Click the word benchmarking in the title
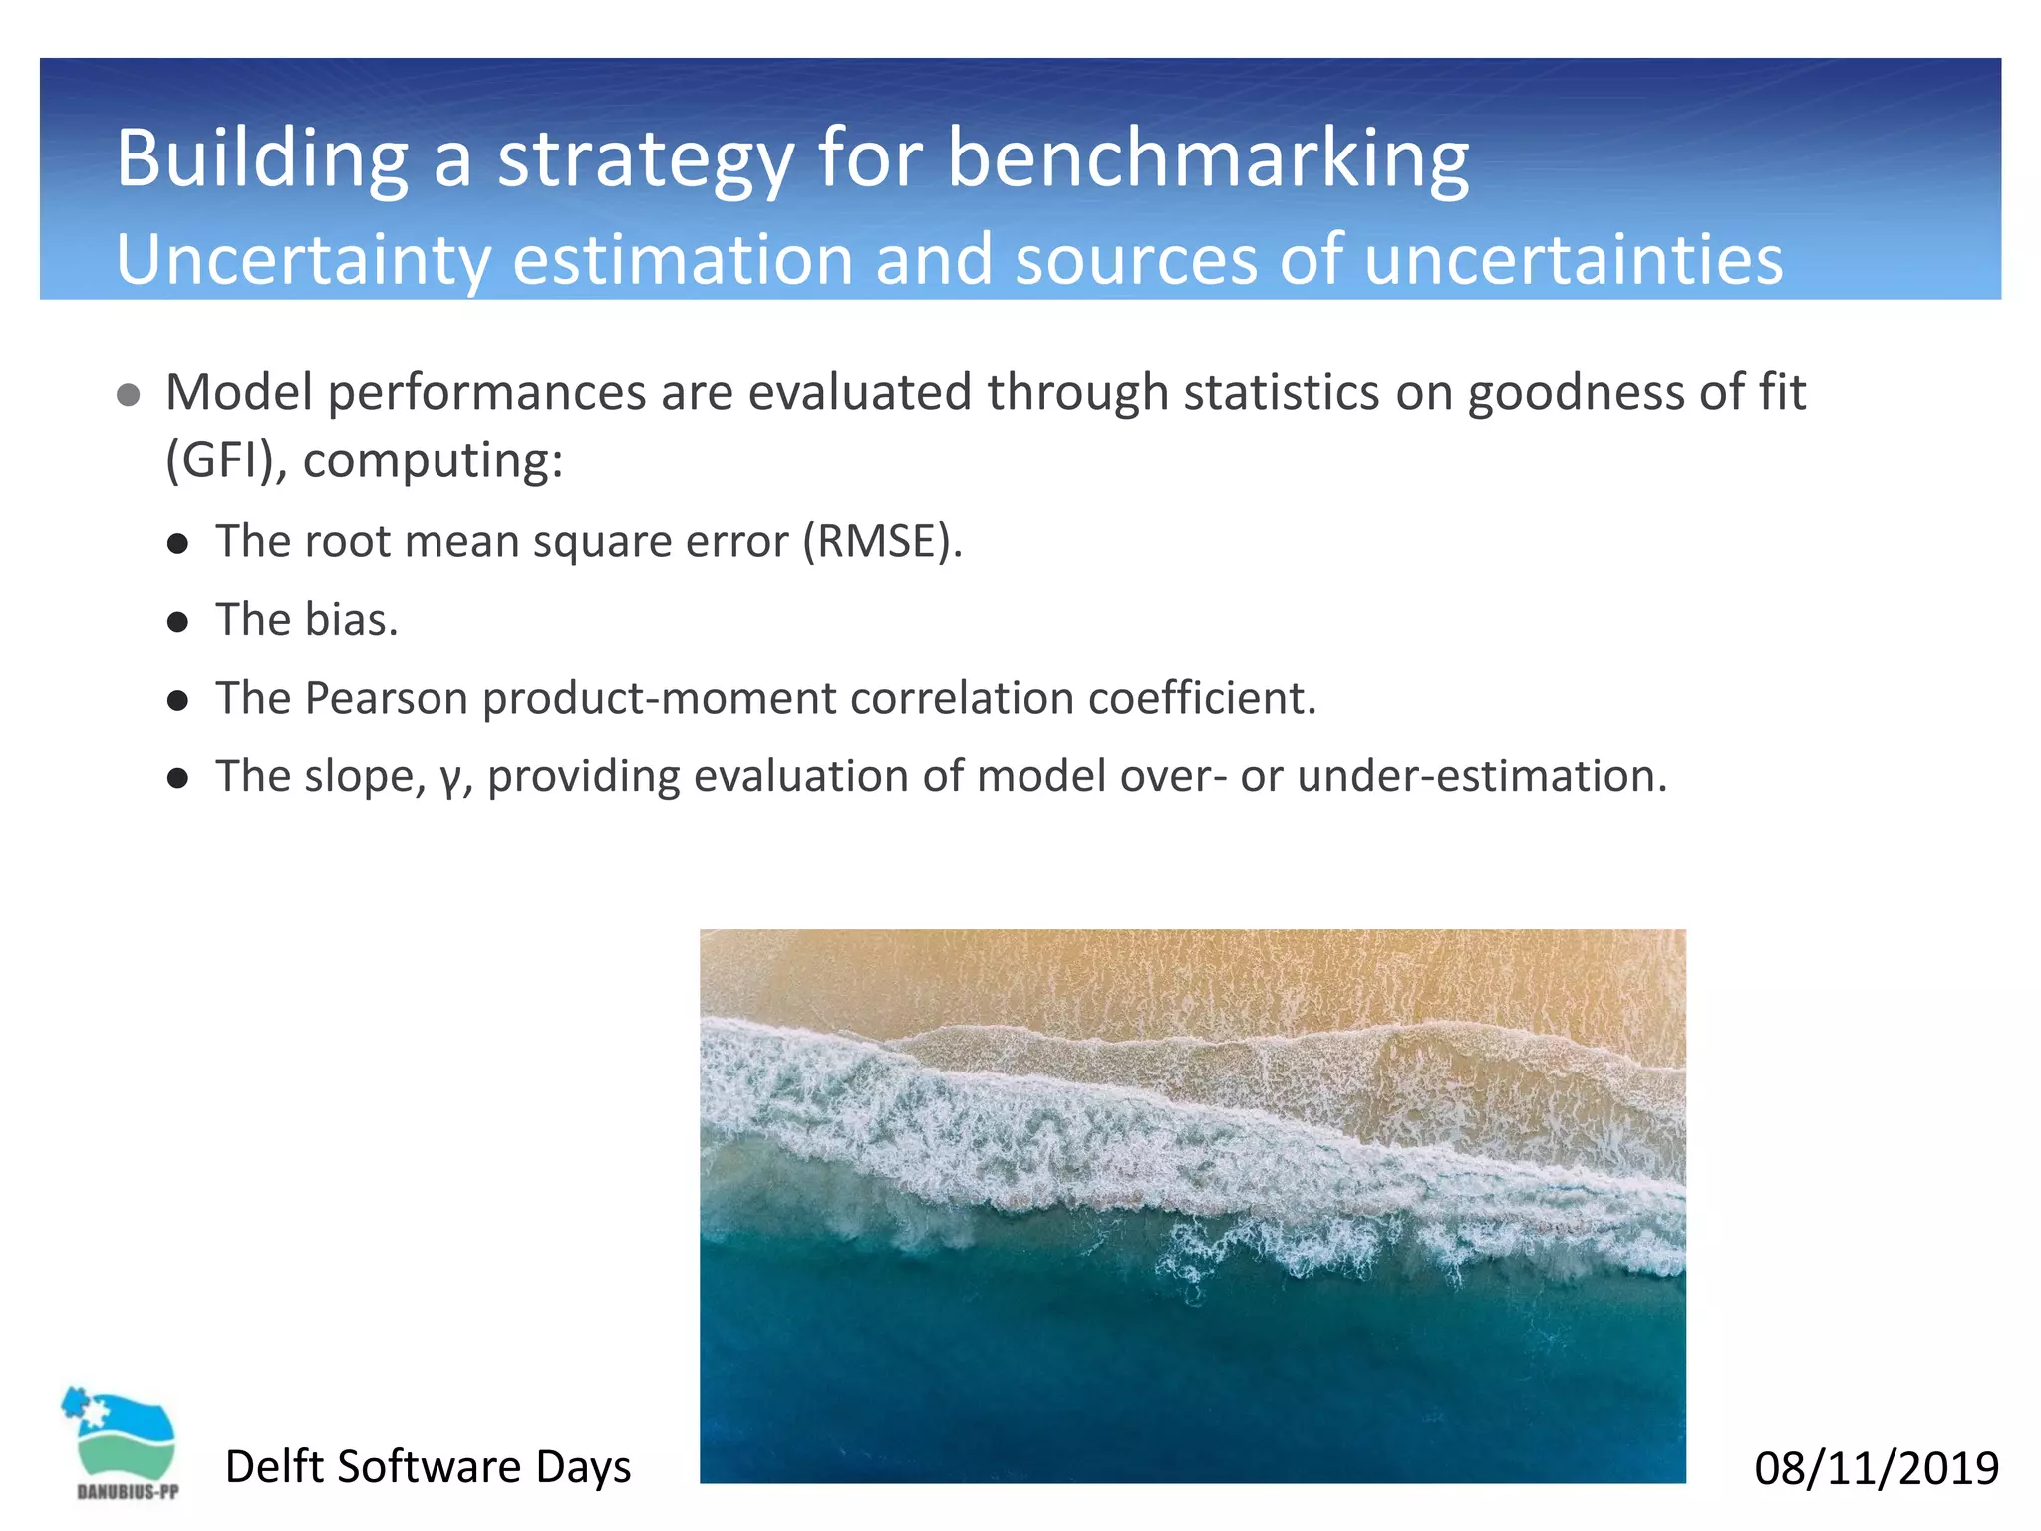pyautogui.click(x=1207, y=158)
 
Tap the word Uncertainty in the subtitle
pyautogui.click(x=303, y=259)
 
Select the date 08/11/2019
pyautogui.click(x=1876, y=1468)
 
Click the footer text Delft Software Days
pyautogui.click(x=428, y=1466)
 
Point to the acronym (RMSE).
pyautogui.click(x=883, y=541)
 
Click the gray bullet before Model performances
pyautogui.click(x=128, y=395)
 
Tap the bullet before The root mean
pyautogui.click(x=178, y=544)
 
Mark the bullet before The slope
pyautogui.click(x=178, y=779)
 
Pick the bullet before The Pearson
pyautogui.click(x=178, y=701)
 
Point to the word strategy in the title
pyautogui.click(x=645, y=158)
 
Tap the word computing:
pyautogui.click(x=433, y=460)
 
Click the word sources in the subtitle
pyautogui.click(x=1137, y=259)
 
